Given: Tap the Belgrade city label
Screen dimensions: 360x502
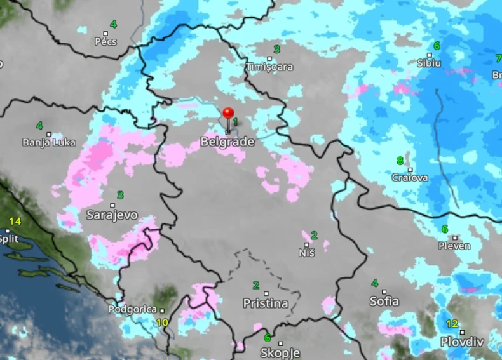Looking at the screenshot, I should click(x=227, y=142).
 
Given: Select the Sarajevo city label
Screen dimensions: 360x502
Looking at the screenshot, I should click(x=112, y=215).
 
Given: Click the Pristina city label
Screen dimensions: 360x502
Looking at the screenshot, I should click(x=266, y=303).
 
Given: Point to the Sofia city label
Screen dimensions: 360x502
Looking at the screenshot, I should click(x=384, y=301).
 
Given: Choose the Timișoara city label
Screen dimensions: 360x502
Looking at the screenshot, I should click(x=270, y=67).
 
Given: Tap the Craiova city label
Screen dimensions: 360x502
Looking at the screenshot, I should click(x=410, y=178).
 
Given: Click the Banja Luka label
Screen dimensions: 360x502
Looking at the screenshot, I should click(x=50, y=142).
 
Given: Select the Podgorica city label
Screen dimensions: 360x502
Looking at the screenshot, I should click(x=132, y=309).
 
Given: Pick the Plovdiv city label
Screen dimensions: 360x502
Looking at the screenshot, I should click(x=462, y=342).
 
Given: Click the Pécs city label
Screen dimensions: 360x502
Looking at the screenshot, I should click(x=105, y=42).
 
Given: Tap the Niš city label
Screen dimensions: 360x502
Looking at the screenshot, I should click(x=306, y=253).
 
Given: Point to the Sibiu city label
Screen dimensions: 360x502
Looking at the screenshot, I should click(x=429, y=63).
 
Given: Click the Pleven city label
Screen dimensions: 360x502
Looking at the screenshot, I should click(x=454, y=246).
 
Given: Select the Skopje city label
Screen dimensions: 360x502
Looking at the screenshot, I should click(x=280, y=352).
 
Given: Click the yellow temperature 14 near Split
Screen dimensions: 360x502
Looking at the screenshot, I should click(x=15, y=221).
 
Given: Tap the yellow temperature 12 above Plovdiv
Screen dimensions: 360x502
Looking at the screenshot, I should click(x=452, y=324).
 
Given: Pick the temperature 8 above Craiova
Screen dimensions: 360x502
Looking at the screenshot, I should click(x=400, y=161).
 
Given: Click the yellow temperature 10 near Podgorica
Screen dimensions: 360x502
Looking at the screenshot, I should click(x=163, y=323).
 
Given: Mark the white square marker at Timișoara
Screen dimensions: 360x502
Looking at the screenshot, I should click(x=269, y=58).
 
